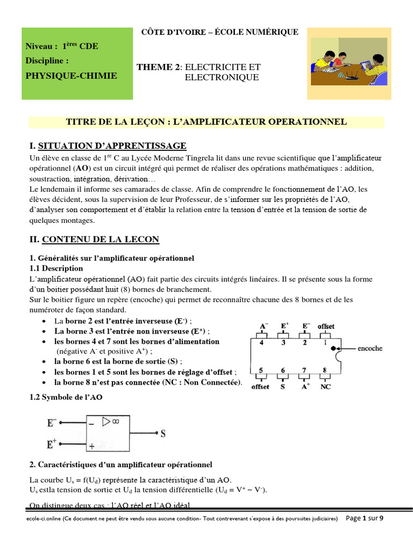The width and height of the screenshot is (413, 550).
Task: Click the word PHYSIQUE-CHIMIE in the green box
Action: pyautogui.click(x=71, y=76)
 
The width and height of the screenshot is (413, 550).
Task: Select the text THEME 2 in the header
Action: pyautogui.click(x=158, y=67)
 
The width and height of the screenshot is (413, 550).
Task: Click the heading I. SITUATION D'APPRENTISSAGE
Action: pyautogui.click(x=108, y=146)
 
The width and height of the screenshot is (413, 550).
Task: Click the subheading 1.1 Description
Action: pyautogui.click(x=56, y=268)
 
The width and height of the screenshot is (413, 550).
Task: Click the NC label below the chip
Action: pyautogui.click(x=325, y=386)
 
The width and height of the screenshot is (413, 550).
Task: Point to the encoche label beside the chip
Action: pyautogui.click(x=369, y=348)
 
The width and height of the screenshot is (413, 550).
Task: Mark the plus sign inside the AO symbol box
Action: pyautogui.click(x=91, y=446)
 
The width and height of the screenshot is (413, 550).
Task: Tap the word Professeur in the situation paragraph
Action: pyautogui.click(x=191, y=200)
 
